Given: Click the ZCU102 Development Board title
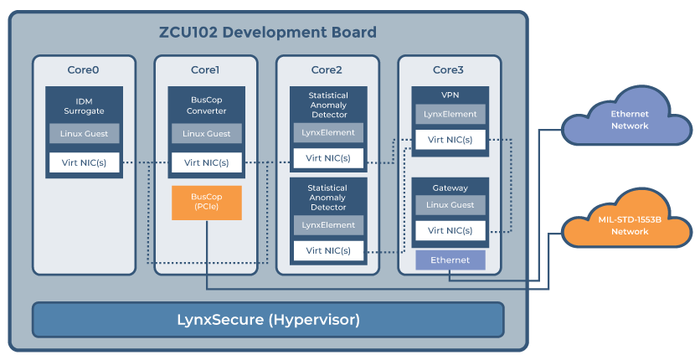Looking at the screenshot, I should [x=267, y=33].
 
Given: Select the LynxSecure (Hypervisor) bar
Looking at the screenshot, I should [x=268, y=320].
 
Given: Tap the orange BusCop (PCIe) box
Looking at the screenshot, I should [x=207, y=203].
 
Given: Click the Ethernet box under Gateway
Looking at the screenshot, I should [x=450, y=260].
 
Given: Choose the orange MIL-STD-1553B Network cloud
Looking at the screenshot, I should [x=629, y=225].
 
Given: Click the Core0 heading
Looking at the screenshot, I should [x=84, y=69].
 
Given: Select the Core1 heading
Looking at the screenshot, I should [x=206, y=69].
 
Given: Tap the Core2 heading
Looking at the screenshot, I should [x=327, y=69].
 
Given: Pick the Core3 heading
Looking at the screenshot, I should [x=450, y=69].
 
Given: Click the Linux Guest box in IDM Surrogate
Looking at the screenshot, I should [x=84, y=133].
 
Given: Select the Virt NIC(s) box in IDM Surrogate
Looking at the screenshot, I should [x=84, y=162].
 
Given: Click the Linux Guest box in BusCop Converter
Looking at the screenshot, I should [x=206, y=133].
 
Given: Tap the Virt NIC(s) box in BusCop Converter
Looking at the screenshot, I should [x=206, y=162].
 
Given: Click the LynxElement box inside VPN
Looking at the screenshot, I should [x=450, y=114].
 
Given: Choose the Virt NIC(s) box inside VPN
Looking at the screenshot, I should [x=450, y=140].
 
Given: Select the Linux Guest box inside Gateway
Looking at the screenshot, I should [x=450, y=205].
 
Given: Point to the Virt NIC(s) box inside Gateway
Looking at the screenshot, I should [x=450, y=230].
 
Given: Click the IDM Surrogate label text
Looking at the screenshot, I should [x=84, y=106].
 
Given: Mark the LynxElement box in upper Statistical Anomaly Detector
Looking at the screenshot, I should [x=328, y=132].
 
